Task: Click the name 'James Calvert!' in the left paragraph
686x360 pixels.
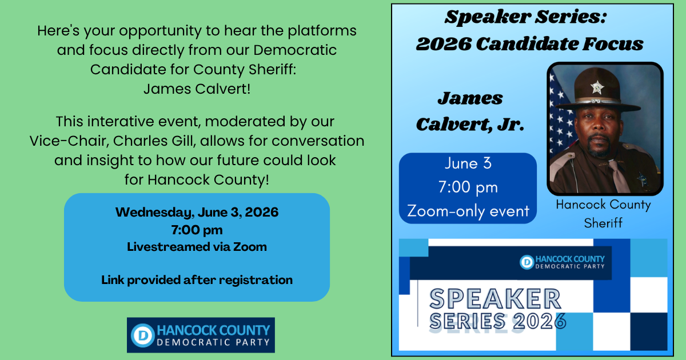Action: [197, 89]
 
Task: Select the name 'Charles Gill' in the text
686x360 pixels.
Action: [153, 141]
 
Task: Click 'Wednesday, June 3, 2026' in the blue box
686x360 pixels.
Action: [197, 212]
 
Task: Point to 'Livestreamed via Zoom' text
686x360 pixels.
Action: [197, 247]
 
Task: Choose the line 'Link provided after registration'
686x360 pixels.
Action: [197, 280]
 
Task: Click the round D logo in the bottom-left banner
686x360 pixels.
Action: [142, 335]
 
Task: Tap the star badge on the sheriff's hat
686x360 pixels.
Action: [597, 87]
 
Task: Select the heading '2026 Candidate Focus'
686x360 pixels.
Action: [529, 44]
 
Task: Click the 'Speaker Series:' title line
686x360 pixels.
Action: [525, 17]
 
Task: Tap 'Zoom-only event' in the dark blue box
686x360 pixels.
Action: [468, 211]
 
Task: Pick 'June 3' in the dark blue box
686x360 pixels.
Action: [468, 163]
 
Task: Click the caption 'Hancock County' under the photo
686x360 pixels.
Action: [603, 205]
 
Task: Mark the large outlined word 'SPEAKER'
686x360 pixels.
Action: [495, 299]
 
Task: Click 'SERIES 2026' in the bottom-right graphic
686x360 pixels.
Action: [498, 321]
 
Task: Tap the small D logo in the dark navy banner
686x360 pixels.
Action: [527, 262]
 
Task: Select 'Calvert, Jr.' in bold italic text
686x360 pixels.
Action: [470, 125]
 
